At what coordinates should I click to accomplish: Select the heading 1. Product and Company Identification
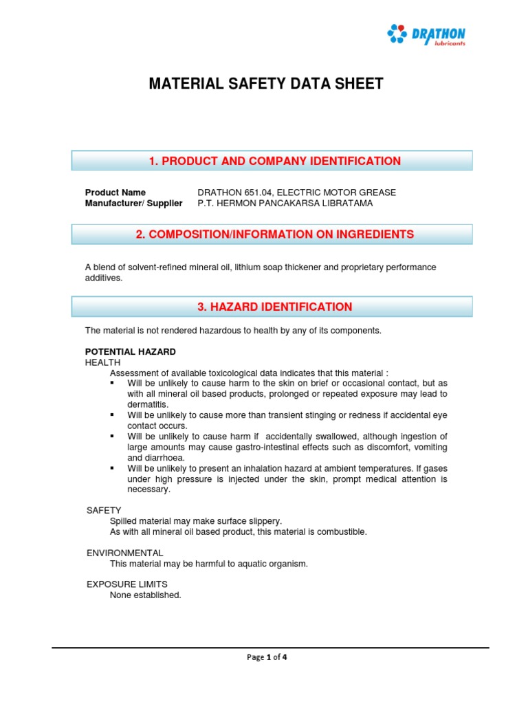(274, 161)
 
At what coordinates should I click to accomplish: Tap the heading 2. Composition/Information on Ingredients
(274, 234)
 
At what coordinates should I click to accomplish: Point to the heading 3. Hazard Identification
(274, 307)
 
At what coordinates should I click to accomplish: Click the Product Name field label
(115, 192)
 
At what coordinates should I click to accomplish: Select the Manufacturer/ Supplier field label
(133, 203)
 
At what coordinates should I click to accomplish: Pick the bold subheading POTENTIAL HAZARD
(130, 352)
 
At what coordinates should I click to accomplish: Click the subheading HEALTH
(102, 362)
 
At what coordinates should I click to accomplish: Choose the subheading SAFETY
(104, 510)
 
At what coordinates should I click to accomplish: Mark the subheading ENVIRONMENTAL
(124, 553)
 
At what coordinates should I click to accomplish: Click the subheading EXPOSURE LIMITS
(126, 584)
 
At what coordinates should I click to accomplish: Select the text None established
(145, 595)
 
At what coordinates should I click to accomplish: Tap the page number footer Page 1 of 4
(267, 657)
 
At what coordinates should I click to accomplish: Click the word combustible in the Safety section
(342, 531)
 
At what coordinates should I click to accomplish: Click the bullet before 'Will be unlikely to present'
(113, 468)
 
